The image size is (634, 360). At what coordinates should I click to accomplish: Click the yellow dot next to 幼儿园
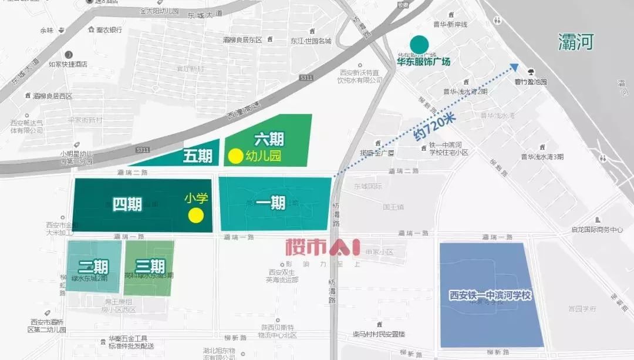click(x=235, y=156)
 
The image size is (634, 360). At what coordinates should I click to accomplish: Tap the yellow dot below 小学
click(x=196, y=216)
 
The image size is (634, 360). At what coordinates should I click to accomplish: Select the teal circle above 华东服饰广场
click(x=419, y=44)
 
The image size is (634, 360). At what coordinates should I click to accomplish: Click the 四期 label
click(x=127, y=204)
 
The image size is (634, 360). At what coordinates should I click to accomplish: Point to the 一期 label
click(x=271, y=203)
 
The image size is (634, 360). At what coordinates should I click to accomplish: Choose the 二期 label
click(x=93, y=267)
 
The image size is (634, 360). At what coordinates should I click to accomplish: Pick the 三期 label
click(x=149, y=267)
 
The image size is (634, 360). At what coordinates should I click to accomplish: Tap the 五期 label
click(x=197, y=156)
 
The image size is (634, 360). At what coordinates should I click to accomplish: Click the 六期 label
click(x=269, y=139)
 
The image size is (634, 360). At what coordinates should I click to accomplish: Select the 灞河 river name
click(x=576, y=42)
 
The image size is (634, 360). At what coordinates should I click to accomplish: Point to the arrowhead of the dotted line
click(x=514, y=66)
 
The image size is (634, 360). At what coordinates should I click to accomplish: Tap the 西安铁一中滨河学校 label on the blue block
click(x=490, y=295)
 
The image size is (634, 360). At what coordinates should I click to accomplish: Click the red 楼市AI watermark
click(x=322, y=247)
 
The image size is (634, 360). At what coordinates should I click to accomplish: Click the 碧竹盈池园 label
click(x=531, y=82)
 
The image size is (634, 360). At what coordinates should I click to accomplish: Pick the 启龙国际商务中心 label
click(x=596, y=230)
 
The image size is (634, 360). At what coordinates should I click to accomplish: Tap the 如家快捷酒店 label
click(x=68, y=64)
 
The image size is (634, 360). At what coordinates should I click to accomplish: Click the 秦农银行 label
click(x=109, y=30)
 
